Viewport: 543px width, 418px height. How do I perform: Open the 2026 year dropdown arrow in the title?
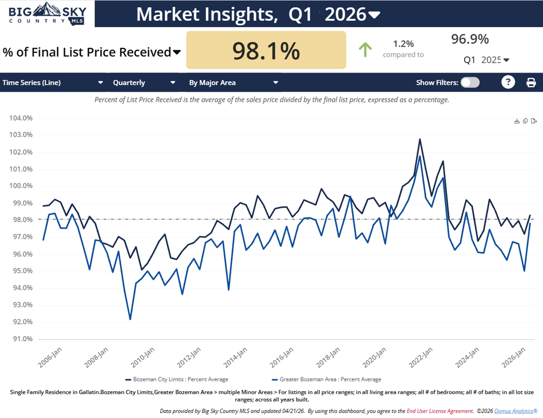374,15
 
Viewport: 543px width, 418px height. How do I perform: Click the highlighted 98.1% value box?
266,50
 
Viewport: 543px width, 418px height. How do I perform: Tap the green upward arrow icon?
365,50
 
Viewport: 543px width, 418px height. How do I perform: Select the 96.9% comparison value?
470,40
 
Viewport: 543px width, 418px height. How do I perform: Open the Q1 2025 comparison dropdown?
506,60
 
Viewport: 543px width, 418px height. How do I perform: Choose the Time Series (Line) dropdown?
53,82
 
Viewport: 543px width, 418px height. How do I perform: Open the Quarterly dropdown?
144,82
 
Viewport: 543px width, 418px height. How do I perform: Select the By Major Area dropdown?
233,82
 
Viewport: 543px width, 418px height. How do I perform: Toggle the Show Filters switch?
470,82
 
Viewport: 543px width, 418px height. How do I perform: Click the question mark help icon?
508,82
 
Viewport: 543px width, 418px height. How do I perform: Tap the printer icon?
531,82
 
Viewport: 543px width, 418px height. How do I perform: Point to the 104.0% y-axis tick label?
21,118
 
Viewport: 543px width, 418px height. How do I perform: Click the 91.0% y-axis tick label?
21,339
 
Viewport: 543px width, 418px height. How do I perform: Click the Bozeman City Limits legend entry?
177,379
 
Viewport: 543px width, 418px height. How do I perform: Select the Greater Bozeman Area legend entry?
327,379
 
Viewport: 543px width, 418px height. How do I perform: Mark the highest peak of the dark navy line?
419,139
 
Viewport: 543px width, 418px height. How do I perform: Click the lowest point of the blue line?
130,319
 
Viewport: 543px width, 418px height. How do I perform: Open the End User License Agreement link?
440,411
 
